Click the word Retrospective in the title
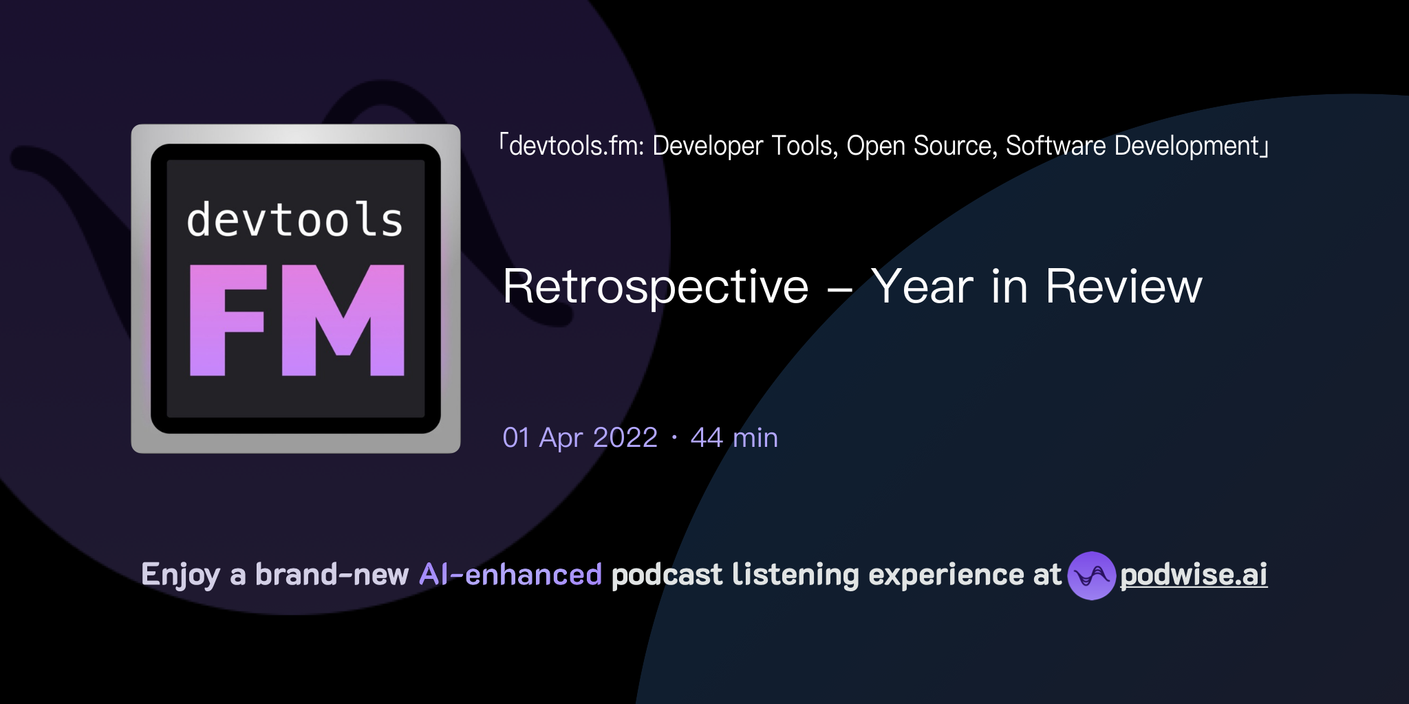point(656,287)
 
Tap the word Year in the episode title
point(923,287)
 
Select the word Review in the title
point(1123,287)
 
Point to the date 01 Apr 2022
point(580,438)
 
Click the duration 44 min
point(734,438)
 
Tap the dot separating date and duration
point(674,438)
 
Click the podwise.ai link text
point(1194,575)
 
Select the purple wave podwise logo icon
point(1091,575)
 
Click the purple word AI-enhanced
point(510,575)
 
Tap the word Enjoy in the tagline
point(180,575)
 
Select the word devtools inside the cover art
point(294,220)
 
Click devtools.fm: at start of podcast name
point(576,146)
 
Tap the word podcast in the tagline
point(667,575)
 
